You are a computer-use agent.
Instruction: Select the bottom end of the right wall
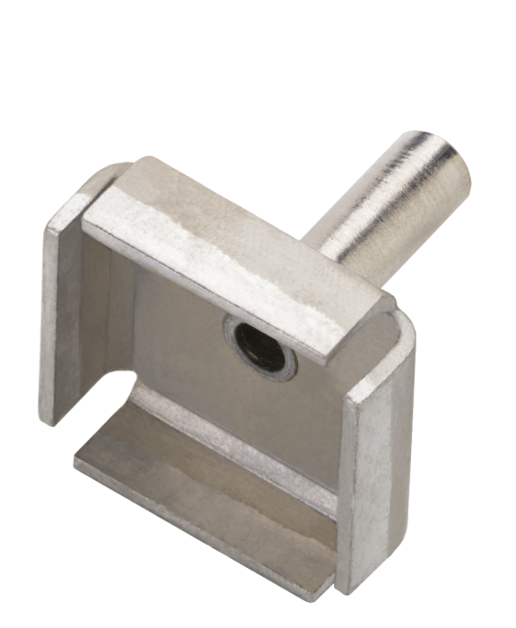point(363,588)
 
